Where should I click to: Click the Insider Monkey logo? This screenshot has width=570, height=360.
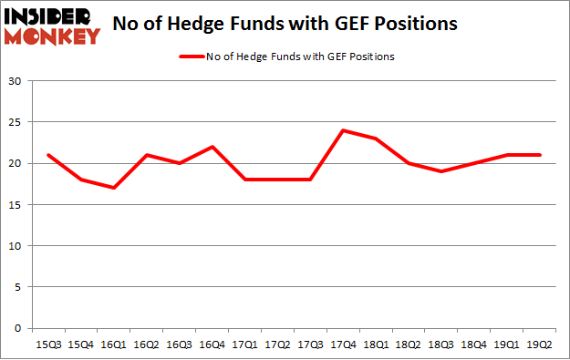[x=52, y=26]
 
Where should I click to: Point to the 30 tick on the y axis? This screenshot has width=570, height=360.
[x=16, y=81]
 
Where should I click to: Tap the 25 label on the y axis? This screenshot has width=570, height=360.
[x=16, y=122]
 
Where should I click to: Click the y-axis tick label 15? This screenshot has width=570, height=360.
[x=16, y=204]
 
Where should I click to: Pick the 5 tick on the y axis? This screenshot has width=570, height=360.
[x=18, y=287]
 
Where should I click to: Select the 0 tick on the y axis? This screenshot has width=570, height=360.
[x=18, y=328]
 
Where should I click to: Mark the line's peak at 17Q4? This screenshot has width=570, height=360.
[x=344, y=130]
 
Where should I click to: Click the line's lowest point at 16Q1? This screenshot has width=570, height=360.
[x=114, y=188]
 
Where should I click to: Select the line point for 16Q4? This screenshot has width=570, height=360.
[x=212, y=147]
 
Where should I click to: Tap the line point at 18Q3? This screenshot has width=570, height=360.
[x=442, y=171]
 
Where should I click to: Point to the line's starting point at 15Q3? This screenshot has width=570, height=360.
[x=48, y=155]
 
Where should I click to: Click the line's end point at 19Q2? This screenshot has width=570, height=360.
[x=541, y=155]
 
